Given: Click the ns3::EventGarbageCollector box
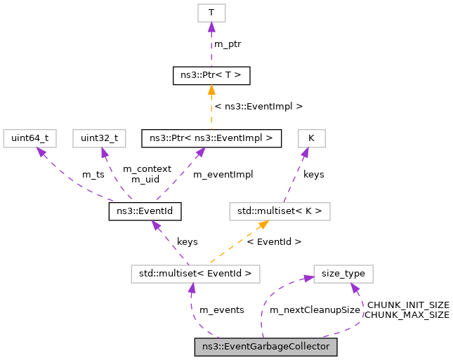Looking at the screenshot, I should tap(266, 347).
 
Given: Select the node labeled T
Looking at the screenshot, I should tap(211, 12).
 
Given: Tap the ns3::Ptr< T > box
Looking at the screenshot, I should tap(211, 75).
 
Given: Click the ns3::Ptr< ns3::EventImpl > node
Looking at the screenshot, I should tap(211, 138).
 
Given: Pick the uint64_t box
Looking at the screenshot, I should tap(29, 138).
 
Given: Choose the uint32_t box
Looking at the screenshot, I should tap(100, 138).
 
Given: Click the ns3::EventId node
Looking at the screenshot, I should tap(145, 211).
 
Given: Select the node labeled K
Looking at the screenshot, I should tap(311, 138).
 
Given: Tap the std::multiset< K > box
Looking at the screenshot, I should tap(280, 211).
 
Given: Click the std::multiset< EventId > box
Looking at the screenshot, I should tap(196, 274).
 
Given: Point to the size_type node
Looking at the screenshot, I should tap(343, 274).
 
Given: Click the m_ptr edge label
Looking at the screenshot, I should tap(228, 44).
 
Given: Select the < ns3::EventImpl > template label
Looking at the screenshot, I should tap(258, 107).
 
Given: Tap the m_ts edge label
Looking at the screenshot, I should tap(93, 174).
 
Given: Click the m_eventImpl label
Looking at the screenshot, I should tap(223, 174).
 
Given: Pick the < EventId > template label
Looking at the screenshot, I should tap(275, 241).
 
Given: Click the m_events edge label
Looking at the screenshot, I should tap(222, 309).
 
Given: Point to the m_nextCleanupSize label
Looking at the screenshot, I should tap(315, 309).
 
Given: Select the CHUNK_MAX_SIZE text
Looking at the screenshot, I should tap(407, 315).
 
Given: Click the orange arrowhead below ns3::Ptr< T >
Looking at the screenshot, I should tap(211, 90).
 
